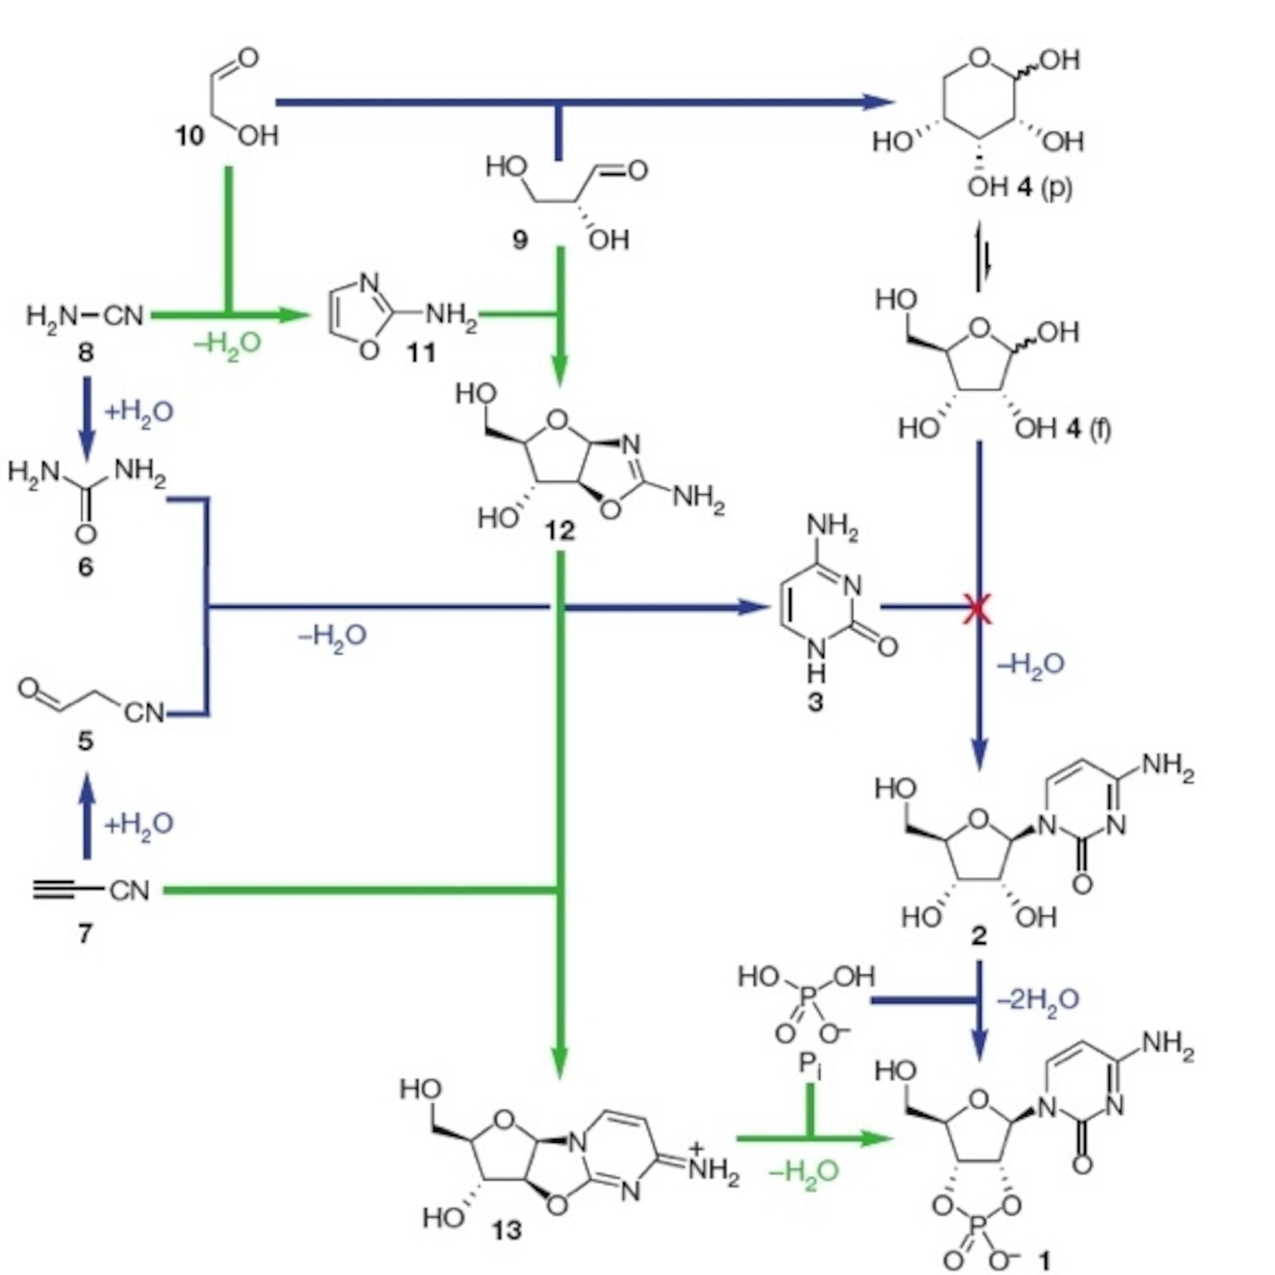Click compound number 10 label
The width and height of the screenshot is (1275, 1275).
[189, 136]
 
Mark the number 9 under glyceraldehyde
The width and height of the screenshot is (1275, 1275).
[520, 239]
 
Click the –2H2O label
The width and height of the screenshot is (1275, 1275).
[1038, 1000]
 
